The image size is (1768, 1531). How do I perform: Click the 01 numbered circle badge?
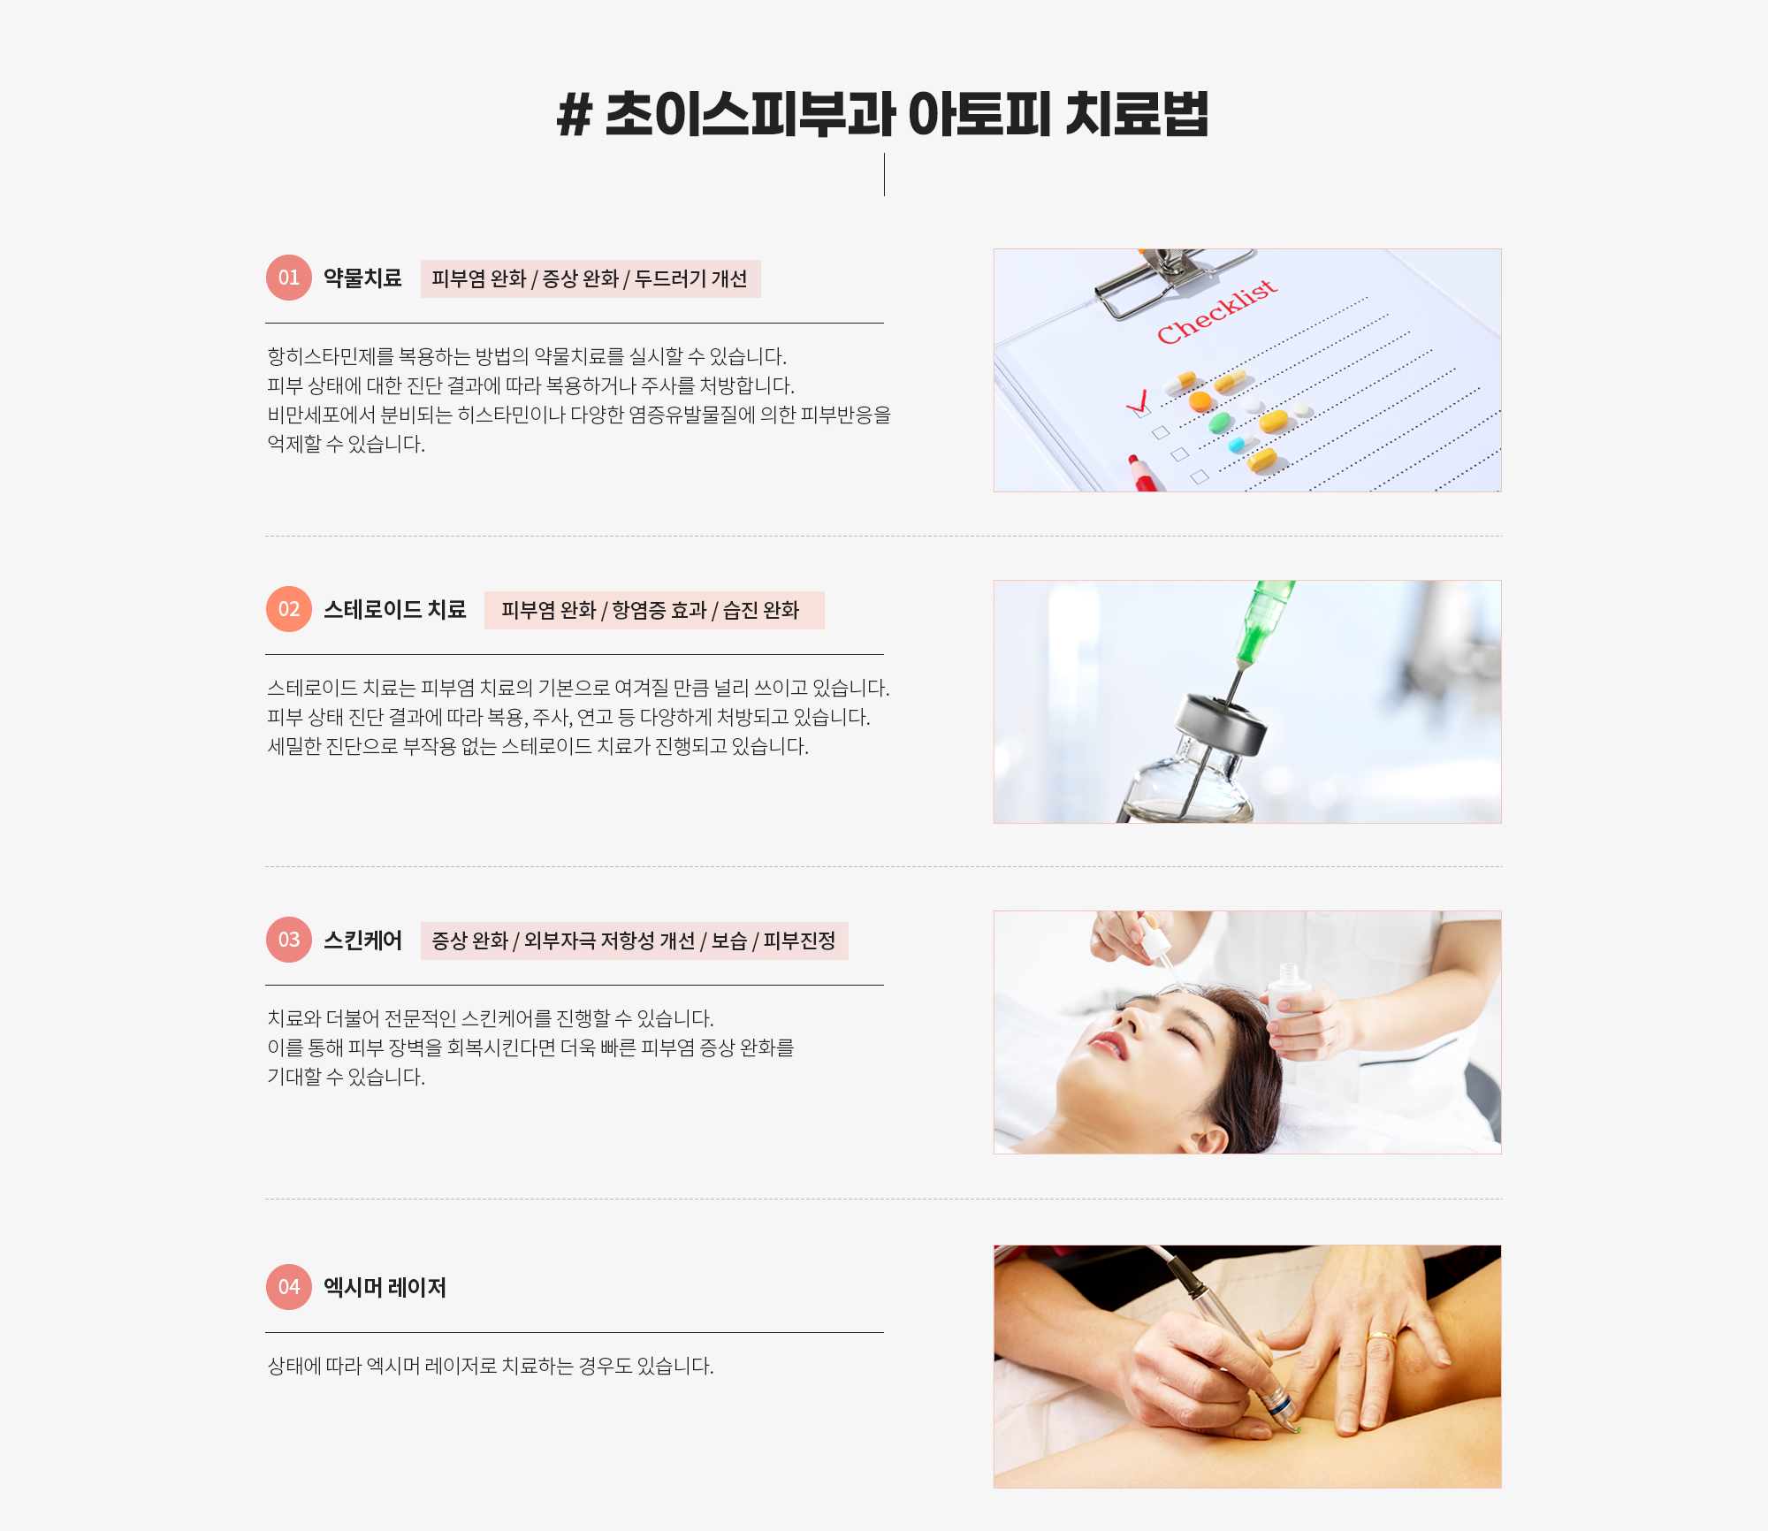click(x=289, y=278)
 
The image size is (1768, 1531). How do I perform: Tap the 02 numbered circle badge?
click(x=289, y=609)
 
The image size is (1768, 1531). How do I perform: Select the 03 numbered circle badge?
click(x=289, y=940)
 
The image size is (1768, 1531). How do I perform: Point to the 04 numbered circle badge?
click(x=289, y=1287)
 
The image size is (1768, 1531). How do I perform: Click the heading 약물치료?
click(x=362, y=278)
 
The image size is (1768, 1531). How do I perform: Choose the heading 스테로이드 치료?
click(x=394, y=610)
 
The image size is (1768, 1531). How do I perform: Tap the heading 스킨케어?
click(x=362, y=941)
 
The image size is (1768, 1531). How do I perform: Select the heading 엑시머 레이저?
click(x=385, y=1288)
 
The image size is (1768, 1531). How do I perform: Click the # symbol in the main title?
click(x=575, y=116)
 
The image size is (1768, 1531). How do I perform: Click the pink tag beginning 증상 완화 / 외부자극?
click(x=634, y=941)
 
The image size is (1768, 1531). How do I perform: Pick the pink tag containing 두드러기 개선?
click(x=591, y=278)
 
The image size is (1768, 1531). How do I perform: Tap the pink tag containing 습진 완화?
click(x=654, y=610)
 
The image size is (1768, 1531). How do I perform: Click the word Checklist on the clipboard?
click(x=1217, y=311)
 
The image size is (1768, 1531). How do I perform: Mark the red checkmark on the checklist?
click(x=1138, y=402)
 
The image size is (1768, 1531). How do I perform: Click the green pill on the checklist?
click(x=1220, y=423)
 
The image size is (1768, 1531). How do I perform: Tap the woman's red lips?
click(x=1109, y=1045)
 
